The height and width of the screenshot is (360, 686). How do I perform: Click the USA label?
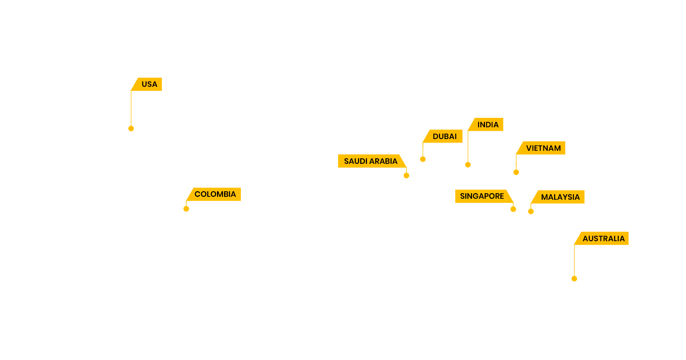[149, 84]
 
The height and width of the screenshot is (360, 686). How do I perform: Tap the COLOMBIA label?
[215, 194]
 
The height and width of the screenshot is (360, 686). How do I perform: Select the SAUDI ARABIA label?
[371, 161]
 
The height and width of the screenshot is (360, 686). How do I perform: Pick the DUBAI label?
[444, 136]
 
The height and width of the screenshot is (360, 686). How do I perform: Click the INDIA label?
[488, 125]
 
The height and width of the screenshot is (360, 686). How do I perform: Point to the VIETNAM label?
[543, 148]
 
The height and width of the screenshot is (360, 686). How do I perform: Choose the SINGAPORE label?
[482, 196]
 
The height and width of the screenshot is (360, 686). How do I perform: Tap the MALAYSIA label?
[560, 197]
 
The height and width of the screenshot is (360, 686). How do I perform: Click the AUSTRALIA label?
[603, 239]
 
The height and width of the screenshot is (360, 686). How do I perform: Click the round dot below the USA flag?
[131, 129]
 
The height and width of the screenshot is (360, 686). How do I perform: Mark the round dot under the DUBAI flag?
[423, 159]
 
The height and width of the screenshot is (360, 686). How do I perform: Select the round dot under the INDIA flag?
[468, 165]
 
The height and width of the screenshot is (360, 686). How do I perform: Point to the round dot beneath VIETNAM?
[516, 172]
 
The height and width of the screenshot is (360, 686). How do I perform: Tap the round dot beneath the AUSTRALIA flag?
[574, 279]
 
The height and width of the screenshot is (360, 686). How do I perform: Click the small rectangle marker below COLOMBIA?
[186, 207]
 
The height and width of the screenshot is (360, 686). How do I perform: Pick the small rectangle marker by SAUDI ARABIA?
[406, 174]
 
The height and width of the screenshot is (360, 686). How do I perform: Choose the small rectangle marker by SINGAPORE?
[513, 207]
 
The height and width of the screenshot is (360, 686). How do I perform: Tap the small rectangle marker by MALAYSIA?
[531, 210]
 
